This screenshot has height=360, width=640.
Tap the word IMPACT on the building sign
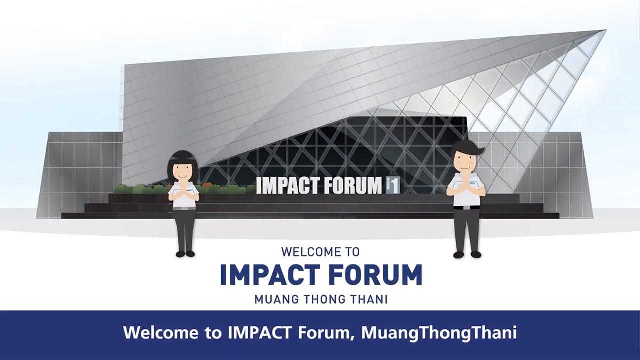(287, 186)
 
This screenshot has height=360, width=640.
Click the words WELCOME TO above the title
(320, 252)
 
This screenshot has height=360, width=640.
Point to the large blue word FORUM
(376, 275)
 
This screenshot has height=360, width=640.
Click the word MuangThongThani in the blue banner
(439, 333)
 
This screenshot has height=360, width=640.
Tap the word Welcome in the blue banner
(161, 333)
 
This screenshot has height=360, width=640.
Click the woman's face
(183, 171)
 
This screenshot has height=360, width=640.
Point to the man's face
(464, 160)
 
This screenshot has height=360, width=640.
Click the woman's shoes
(185, 254)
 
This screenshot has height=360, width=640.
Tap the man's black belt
(467, 207)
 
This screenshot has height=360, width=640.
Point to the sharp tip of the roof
(605, 30)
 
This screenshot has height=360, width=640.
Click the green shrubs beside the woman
(143, 189)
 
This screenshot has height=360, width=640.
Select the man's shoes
(467, 254)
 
